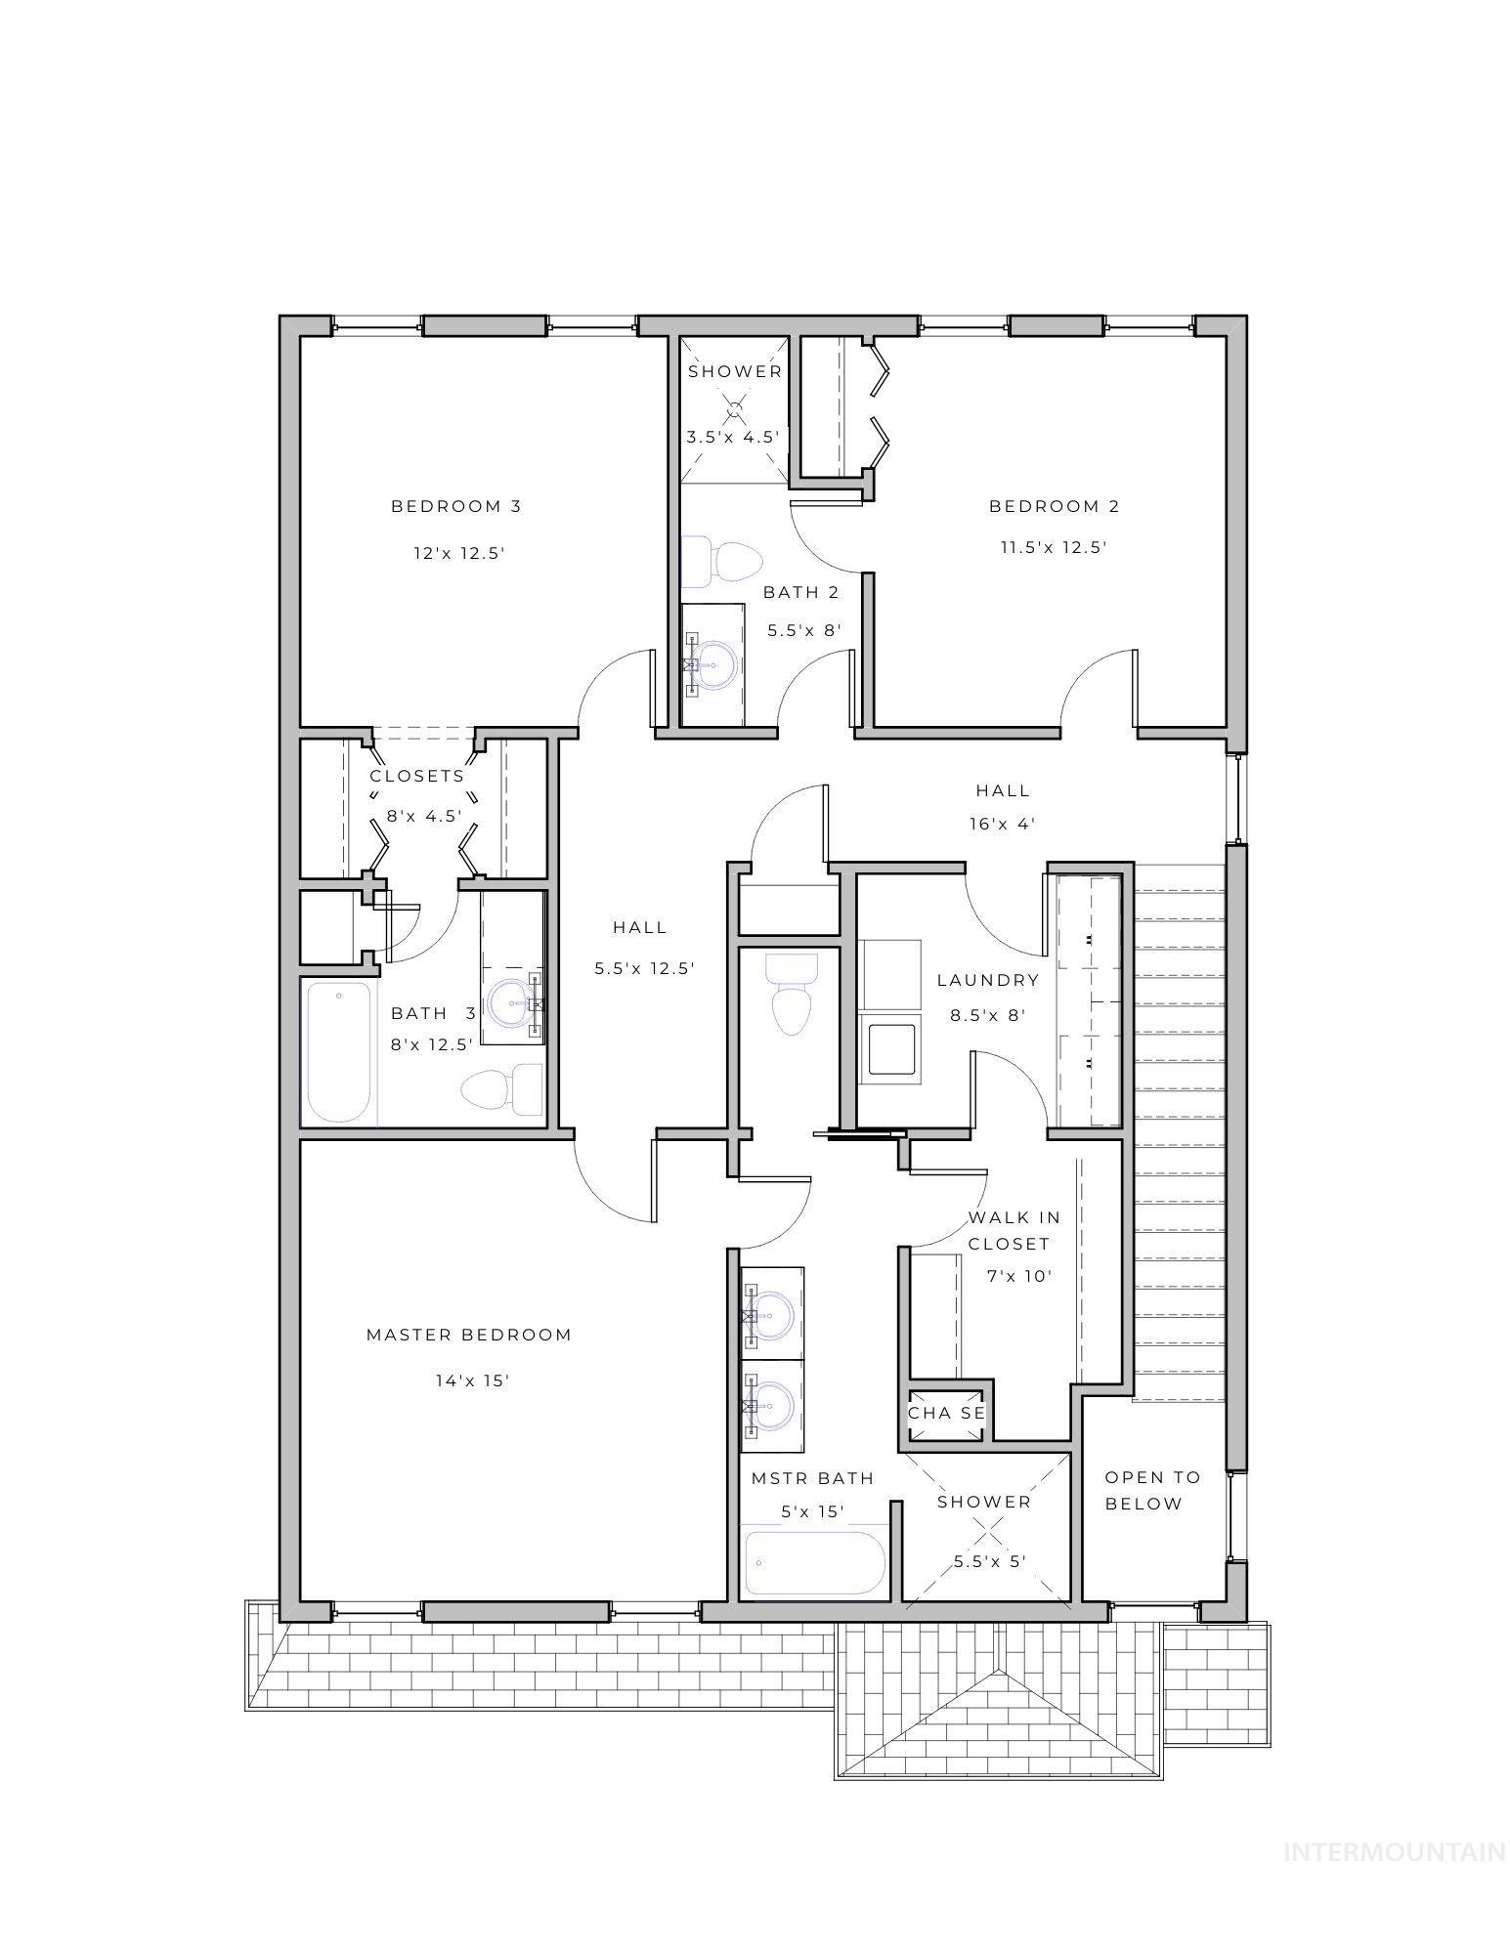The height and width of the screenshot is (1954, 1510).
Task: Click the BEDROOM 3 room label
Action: point(455,506)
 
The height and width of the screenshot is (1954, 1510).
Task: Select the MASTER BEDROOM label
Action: point(468,1335)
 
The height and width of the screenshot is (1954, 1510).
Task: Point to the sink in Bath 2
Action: point(713,665)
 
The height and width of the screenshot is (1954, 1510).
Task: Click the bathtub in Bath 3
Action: point(339,1051)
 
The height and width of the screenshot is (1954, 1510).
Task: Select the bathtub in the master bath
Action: point(815,1562)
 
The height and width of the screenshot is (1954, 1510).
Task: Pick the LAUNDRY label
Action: point(987,980)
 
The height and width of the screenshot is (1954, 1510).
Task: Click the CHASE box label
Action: point(946,1414)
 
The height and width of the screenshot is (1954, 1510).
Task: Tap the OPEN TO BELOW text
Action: point(1150,1490)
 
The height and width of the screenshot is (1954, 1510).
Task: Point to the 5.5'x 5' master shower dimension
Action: point(989,1561)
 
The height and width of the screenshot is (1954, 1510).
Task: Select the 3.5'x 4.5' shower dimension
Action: point(733,437)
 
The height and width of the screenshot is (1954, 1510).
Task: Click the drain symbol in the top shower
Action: point(734,406)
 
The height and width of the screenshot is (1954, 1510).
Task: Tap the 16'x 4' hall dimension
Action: point(1003,824)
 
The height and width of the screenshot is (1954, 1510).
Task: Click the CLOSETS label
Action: point(417,776)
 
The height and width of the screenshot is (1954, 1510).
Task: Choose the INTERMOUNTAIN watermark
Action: point(1394,1851)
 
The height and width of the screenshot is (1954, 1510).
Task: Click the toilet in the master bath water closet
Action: point(790,997)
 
